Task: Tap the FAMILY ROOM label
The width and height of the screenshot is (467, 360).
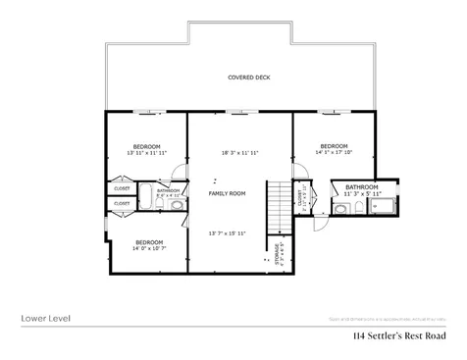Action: click(227, 193)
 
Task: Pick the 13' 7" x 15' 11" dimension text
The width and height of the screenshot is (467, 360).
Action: click(227, 232)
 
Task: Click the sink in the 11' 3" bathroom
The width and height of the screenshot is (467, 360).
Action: click(339, 208)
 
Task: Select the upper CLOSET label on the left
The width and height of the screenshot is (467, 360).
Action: click(122, 187)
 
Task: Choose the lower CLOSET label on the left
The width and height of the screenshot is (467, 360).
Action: click(122, 204)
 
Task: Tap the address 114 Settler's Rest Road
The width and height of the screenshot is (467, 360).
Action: click(400, 336)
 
